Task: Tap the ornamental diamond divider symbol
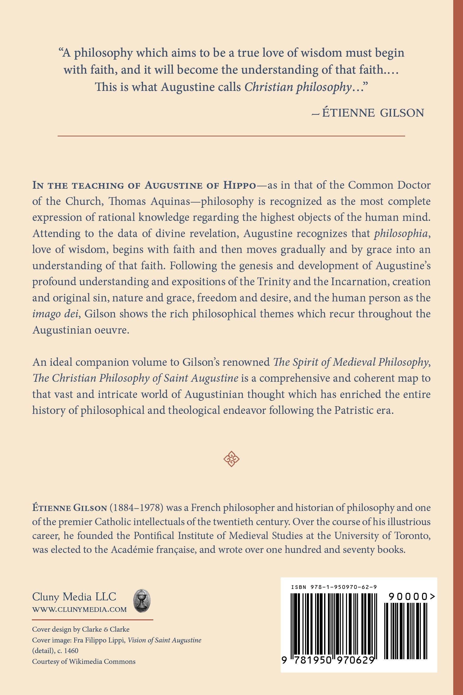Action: tap(232, 459)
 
